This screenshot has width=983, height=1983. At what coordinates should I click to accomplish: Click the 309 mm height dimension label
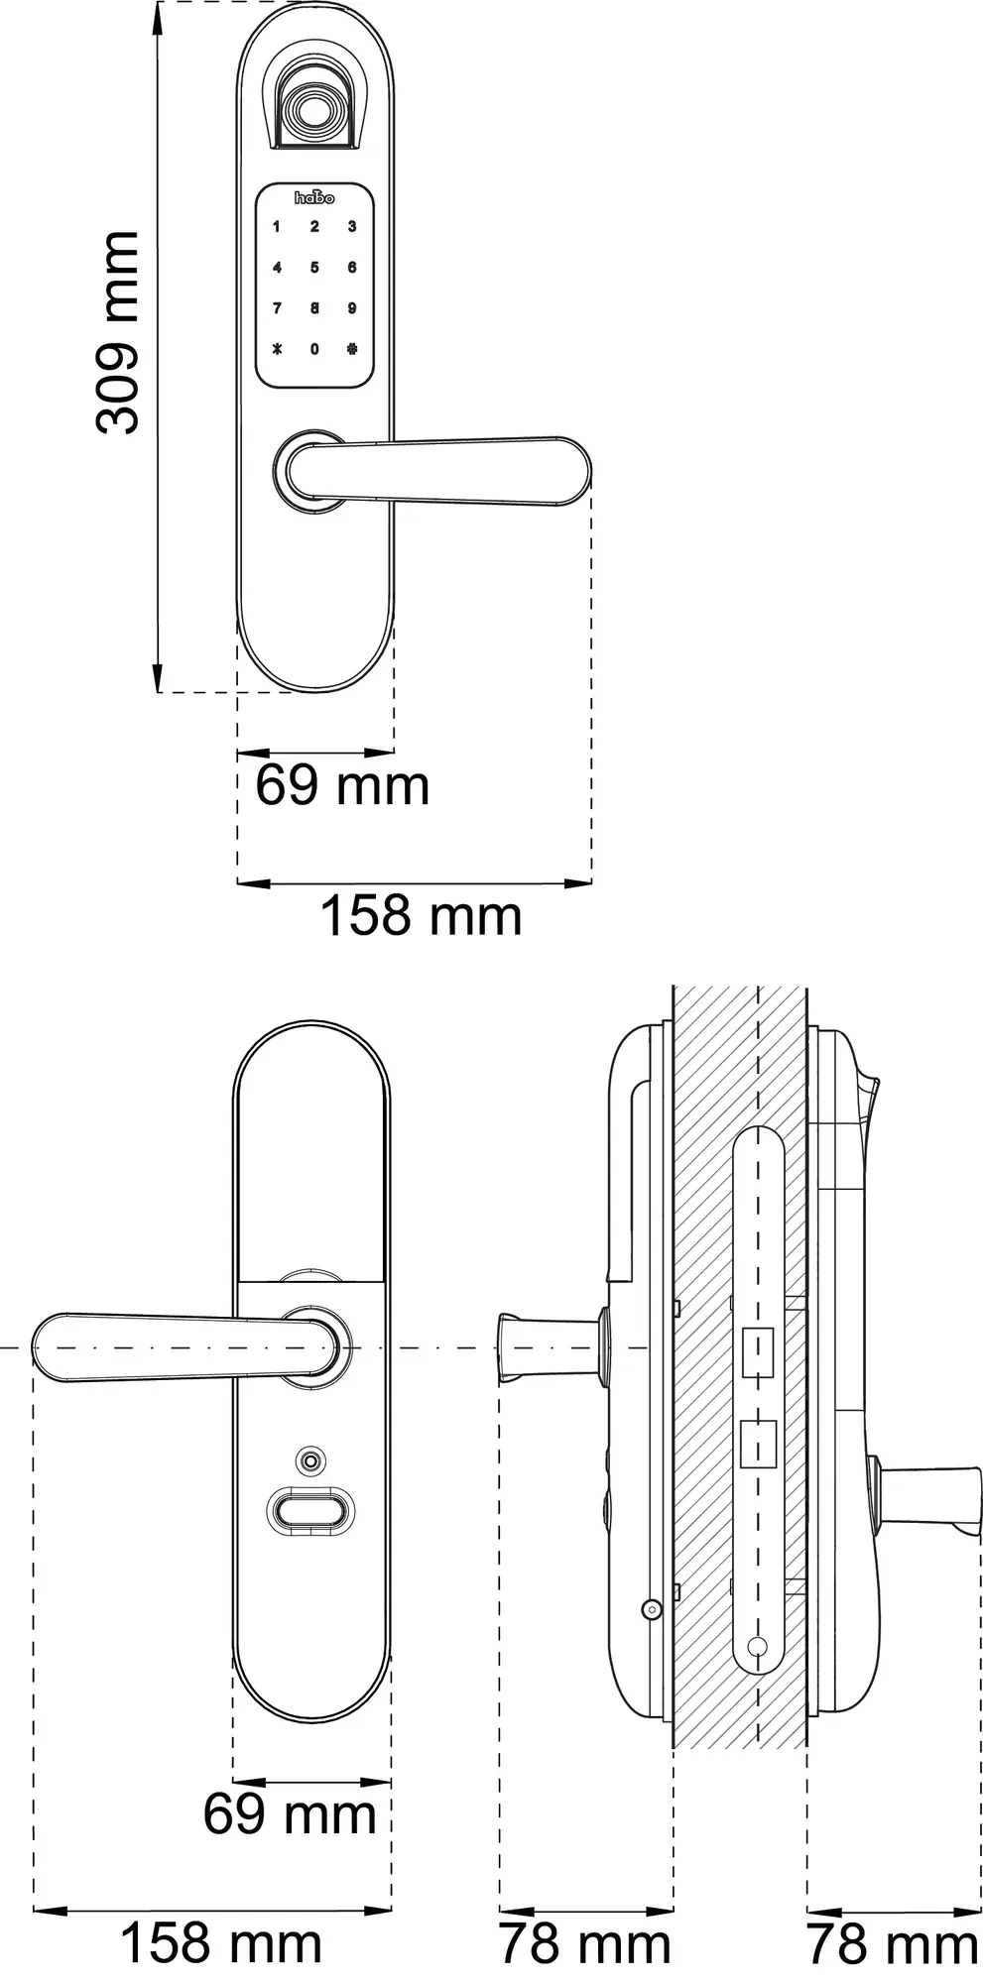coord(117,332)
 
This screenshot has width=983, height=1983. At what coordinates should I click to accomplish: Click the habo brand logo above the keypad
coord(315,197)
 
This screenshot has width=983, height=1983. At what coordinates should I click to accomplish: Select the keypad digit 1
coord(277,227)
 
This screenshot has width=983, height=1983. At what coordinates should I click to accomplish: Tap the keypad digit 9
coord(352,308)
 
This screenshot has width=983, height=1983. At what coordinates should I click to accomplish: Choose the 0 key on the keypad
coord(314,349)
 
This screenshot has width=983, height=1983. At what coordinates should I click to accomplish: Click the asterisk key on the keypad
coord(277,349)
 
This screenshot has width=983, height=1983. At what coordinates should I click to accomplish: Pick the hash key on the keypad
coord(352,349)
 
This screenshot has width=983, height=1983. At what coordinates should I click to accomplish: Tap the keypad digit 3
coord(352,227)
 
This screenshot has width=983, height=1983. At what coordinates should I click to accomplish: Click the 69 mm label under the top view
coord(342,786)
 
